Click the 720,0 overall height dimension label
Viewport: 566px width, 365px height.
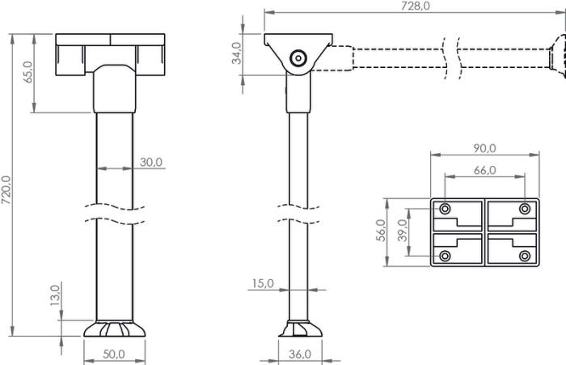(x=6, y=189)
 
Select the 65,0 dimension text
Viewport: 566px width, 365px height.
(x=27, y=72)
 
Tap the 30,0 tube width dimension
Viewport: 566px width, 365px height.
(x=151, y=162)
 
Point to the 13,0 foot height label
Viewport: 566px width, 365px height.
(x=55, y=295)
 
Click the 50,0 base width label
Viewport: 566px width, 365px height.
(x=114, y=354)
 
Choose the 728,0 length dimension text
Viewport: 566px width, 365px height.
(x=416, y=6)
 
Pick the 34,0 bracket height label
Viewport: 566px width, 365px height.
(x=236, y=53)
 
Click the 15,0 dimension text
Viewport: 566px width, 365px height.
(x=263, y=284)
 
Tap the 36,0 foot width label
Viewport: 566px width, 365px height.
(x=300, y=354)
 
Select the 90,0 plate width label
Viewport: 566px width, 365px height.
(x=485, y=148)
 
